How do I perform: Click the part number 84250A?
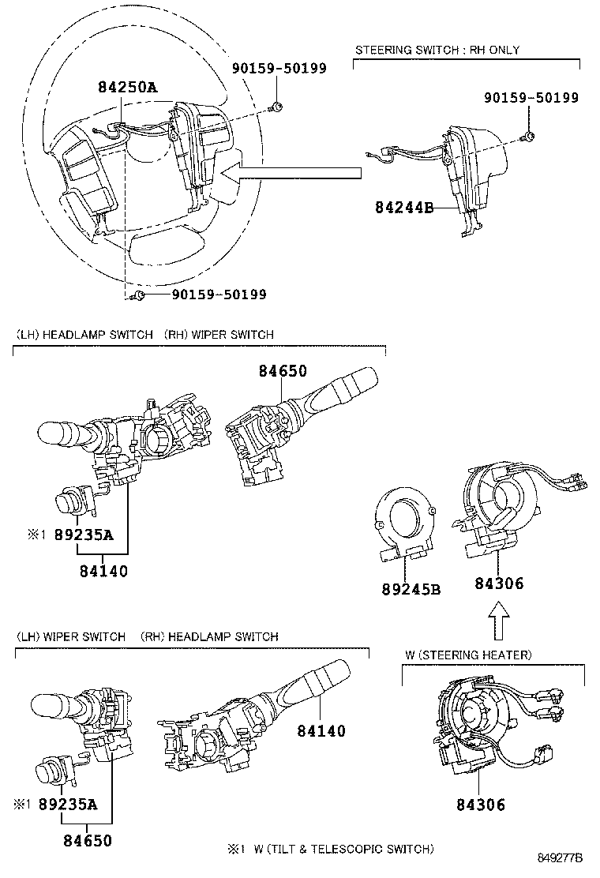point(126,88)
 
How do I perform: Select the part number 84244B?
point(404,208)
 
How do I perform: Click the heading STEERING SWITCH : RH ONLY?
point(437,50)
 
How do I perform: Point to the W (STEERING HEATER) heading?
point(468,655)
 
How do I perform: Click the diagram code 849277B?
point(561,857)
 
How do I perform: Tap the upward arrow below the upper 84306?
point(498,621)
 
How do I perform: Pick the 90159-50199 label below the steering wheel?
point(219,295)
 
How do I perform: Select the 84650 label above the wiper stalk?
point(282,371)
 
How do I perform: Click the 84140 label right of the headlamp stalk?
point(321,732)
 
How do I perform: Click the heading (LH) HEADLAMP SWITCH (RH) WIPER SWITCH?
point(144,335)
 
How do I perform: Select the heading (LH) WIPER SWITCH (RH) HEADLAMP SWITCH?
point(147,636)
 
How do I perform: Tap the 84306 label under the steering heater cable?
point(480,805)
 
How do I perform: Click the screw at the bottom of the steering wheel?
point(137,295)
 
